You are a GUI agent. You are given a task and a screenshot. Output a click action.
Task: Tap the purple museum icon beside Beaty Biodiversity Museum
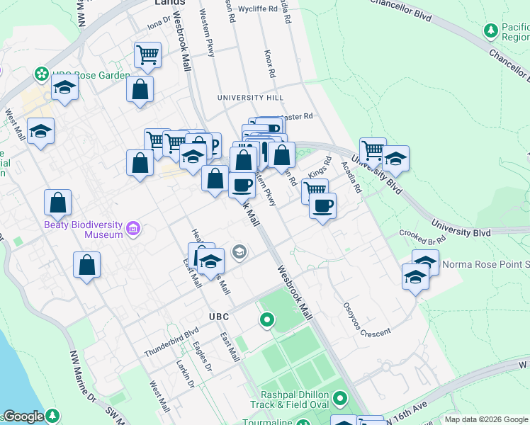[x=132, y=229]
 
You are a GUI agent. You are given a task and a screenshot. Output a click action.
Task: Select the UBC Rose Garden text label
[x=91, y=76]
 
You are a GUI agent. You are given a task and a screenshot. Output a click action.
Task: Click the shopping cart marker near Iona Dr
[x=147, y=55]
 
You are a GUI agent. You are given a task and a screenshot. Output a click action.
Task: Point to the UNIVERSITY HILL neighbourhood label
[x=250, y=97]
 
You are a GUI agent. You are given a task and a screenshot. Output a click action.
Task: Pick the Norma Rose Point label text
[x=485, y=265]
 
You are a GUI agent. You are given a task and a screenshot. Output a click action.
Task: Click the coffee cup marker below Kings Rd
[x=322, y=205]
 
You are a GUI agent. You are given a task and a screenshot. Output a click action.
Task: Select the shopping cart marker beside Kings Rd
[x=315, y=189]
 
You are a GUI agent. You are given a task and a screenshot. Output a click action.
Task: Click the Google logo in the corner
[x=24, y=416]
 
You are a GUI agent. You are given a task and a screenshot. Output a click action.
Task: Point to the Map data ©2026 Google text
[x=485, y=419]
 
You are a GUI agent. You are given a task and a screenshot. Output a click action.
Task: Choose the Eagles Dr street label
[x=203, y=357]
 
